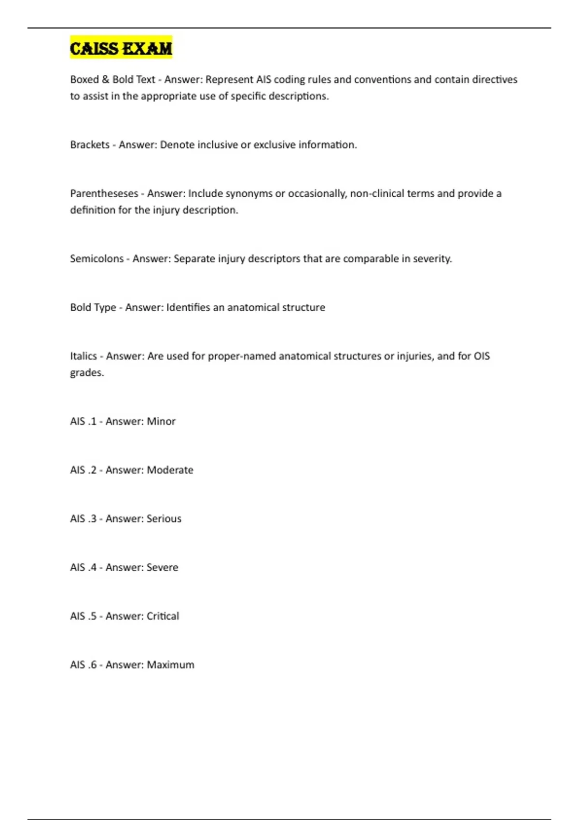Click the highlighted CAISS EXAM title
121,48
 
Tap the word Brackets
90,145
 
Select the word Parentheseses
104,193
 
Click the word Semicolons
96,259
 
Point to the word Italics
83,356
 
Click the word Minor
161,421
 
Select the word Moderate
170,470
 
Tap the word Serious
164,519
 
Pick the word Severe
162,567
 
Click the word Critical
163,616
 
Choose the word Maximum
170,665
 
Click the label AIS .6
83,665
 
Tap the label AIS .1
83,421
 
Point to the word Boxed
84,80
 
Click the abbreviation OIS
482,356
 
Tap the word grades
86,373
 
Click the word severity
434,259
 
